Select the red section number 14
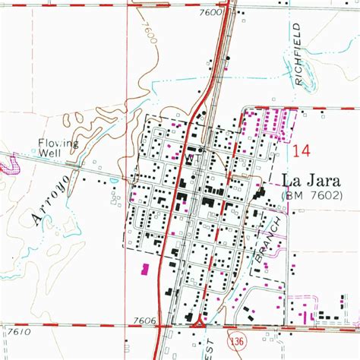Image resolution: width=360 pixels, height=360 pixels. coord(299,152)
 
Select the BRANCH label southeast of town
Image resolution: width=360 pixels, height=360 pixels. coord(270,239)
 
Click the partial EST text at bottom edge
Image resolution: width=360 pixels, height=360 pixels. coord(229,353)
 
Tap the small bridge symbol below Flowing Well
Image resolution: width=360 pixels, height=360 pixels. coord(74,164)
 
